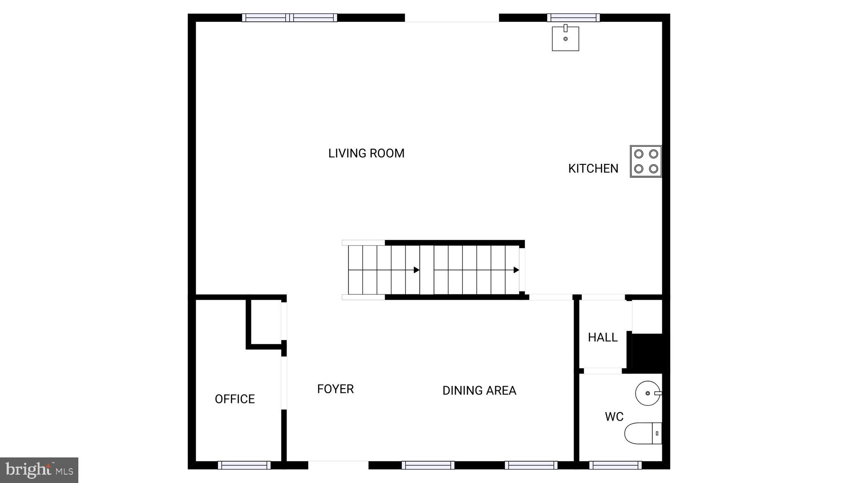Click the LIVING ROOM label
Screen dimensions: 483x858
(x=366, y=153)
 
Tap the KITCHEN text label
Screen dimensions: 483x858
(x=593, y=169)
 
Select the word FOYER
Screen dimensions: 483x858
(x=335, y=389)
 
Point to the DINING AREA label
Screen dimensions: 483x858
(x=479, y=391)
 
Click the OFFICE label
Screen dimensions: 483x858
(x=235, y=399)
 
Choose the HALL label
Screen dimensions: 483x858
(x=602, y=338)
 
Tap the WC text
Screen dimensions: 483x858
(x=614, y=417)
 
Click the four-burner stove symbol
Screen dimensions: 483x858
(x=646, y=161)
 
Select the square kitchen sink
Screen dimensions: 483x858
(x=565, y=39)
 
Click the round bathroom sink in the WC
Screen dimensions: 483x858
(x=648, y=393)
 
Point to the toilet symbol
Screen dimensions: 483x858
(x=643, y=433)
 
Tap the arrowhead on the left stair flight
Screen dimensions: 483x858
(x=416, y=270)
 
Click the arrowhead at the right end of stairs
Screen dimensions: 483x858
(x=517, y=270)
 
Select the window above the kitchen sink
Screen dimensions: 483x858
(x=573, y=18)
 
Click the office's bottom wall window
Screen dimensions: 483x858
(x=244, y=465)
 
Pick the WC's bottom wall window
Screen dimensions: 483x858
(x=615, y=465)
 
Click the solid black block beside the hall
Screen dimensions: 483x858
(x=647, y=351)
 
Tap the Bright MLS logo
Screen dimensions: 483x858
(x=39, y=470)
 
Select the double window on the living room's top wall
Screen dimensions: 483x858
(x=289, y=18)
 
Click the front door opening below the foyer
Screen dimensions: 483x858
(x=338, y=465)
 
